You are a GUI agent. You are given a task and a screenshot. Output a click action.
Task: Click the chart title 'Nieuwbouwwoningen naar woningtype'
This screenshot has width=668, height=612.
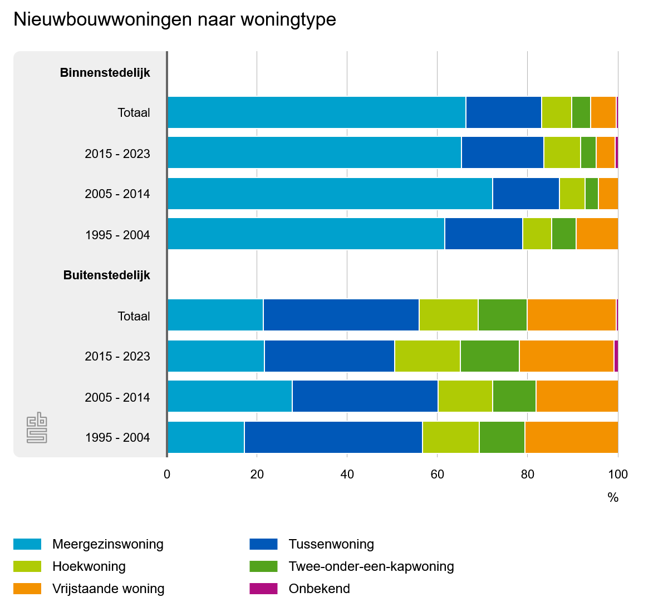click(x=175, y=19)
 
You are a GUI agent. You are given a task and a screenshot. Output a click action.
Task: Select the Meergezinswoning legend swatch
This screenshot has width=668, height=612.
click(x=27, y=544)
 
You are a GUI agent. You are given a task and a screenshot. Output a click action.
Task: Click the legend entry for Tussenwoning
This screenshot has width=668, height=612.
click(x=331, y=544)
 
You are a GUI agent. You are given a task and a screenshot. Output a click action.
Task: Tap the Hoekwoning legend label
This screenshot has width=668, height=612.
click(x=89, y=566)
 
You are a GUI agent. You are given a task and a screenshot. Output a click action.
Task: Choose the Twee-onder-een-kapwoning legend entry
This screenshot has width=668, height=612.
click(x=371, y=566)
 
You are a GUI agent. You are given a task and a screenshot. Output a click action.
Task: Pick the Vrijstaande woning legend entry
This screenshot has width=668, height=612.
click(x=108, y=589)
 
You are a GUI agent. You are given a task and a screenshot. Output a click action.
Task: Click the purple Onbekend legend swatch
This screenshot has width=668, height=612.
click(x=263, y=589)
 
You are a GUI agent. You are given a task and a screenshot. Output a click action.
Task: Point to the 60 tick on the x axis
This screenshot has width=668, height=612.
click(x=437, y=475)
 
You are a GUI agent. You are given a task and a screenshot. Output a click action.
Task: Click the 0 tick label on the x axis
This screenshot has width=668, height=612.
click(x=167, y=475)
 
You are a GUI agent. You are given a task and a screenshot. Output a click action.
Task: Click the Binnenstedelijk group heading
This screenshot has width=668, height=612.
click(x=105, y=72)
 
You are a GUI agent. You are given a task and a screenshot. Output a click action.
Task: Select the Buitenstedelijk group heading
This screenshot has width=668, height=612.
click(x=106, y=275)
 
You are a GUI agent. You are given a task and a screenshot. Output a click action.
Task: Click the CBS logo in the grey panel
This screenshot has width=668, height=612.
click(x=37, y=427)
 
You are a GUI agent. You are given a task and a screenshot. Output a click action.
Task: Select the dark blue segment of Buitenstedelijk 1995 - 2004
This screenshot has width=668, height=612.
click(x=333, y=437)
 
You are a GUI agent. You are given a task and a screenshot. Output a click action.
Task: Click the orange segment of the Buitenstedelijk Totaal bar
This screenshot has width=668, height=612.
click(x=571, y=315)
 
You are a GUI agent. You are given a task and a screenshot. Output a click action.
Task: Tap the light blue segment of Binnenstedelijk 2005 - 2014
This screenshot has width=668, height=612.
click(x=330, y=194)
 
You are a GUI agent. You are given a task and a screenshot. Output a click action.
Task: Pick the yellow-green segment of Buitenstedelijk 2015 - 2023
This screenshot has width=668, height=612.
click(x=427, y=356)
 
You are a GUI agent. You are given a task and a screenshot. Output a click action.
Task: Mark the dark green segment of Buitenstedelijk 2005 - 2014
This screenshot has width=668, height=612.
click(x=514, y=397)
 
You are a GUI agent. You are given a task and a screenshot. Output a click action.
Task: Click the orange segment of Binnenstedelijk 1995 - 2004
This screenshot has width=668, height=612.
click(x=597, y=234)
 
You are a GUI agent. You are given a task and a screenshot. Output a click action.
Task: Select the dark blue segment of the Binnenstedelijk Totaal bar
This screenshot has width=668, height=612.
click(x=503, y=112)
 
